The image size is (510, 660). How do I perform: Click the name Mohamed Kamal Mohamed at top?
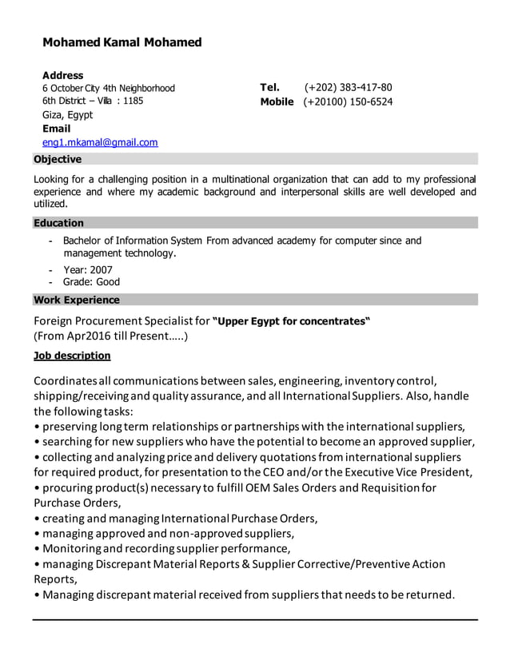pos(122,42)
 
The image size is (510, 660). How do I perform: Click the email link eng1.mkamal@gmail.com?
pos(100,142)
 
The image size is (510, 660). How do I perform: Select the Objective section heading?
pos(57,159)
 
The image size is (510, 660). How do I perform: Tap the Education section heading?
pos(58,223)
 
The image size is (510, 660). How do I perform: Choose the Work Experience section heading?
pos(77,300)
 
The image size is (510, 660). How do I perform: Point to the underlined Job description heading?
pos(72,356)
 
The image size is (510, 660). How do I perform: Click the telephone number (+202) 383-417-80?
pos(348,88)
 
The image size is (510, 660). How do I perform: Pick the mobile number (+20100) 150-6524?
pos(348,102)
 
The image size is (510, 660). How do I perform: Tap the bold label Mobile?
pos(277,102)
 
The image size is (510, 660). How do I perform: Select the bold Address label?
pos(62,75)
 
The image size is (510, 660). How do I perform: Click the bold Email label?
pos(56,129)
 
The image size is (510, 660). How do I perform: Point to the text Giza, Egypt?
pos(67,115)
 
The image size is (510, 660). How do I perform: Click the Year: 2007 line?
pos(88,269)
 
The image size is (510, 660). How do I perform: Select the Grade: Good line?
pos(91,282)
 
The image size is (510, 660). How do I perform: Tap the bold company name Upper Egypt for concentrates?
pos(292,321)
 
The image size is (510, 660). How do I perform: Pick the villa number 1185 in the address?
pos(133,101)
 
